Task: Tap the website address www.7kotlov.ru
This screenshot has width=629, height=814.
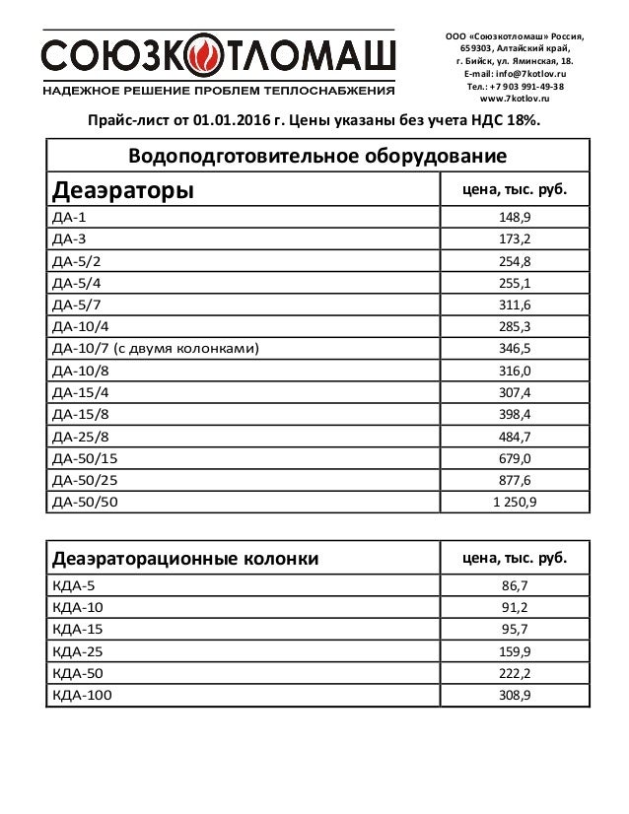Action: point(515,100)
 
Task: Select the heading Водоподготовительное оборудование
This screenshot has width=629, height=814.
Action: point(317,157)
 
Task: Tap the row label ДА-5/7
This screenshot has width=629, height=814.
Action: point(76,305)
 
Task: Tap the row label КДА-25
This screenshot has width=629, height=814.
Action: point(73,652)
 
